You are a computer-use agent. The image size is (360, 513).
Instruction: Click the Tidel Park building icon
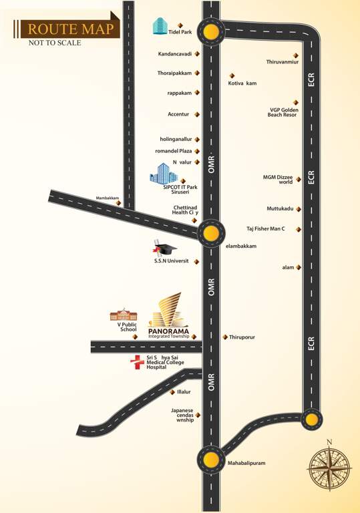click(160, 26)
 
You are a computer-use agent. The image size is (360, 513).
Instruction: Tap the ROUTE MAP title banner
click(69, 29)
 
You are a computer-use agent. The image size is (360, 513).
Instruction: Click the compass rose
click(329, 468)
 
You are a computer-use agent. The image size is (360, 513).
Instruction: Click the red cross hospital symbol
click(137, 362)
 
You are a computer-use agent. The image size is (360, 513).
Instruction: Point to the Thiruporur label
click(243, 337)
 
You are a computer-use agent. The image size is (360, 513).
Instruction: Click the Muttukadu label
click(280, 208)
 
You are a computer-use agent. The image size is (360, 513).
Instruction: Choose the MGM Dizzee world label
click(278, 179)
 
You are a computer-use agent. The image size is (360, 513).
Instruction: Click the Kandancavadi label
click(175, 53)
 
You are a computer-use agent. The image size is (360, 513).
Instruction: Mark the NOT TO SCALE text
click(55, 43)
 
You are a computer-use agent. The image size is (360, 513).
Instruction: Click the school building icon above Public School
click(123, 314)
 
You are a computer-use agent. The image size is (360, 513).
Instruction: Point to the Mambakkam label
click(107, 198)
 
